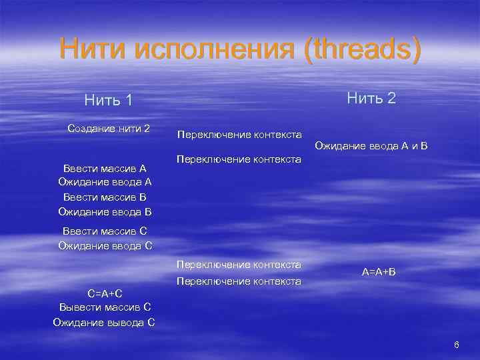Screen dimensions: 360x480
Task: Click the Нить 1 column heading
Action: click(109, 100)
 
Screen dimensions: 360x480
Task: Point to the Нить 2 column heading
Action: click(371, 99)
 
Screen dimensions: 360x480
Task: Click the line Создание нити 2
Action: click(109, 128)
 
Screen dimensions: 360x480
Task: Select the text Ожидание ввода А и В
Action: click(371, 145)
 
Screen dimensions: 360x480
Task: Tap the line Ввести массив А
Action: click(105, 169)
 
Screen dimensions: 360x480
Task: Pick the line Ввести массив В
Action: click(105, 197)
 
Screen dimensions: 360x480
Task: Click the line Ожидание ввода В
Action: click(105, 212)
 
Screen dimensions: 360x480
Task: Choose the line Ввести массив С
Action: click(105, 231)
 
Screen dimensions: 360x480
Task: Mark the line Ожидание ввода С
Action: click(105, 245)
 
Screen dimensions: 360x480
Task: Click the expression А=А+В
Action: click(379, 273)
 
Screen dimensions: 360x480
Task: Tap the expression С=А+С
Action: click(105, 293)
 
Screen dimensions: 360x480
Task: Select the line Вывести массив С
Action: click(105, 308)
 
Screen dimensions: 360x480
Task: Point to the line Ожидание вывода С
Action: click(105, 323)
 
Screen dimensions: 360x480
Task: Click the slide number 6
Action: click(456, 345)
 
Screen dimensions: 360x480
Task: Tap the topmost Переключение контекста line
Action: click(239, 135)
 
